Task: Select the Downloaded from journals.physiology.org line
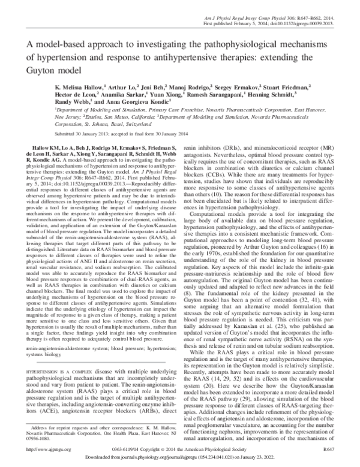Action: coord(180,457)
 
